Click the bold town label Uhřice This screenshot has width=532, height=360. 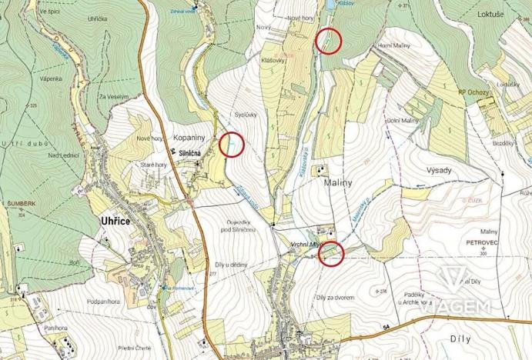(115, 220)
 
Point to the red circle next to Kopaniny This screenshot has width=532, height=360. (231, 143)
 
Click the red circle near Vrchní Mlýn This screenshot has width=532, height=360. (331, 253)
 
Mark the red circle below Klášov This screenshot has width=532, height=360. (329, 40)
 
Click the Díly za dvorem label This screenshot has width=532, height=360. (333, 296)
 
